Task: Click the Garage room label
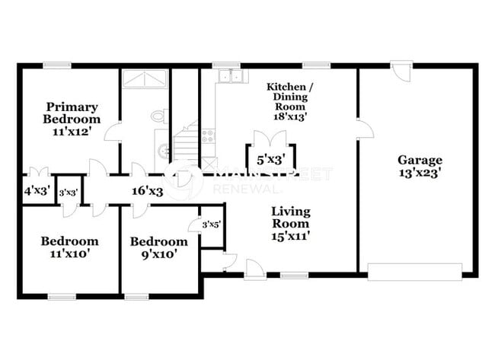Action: coord(420,160)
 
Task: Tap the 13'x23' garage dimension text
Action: coord(420,173)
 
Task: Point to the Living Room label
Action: coord(290,218)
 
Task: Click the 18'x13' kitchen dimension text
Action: coord(289,116)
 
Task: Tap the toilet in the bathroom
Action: coord(158,116)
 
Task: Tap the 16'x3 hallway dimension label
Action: coord(147,191)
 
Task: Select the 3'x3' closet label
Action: coord(69,193)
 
